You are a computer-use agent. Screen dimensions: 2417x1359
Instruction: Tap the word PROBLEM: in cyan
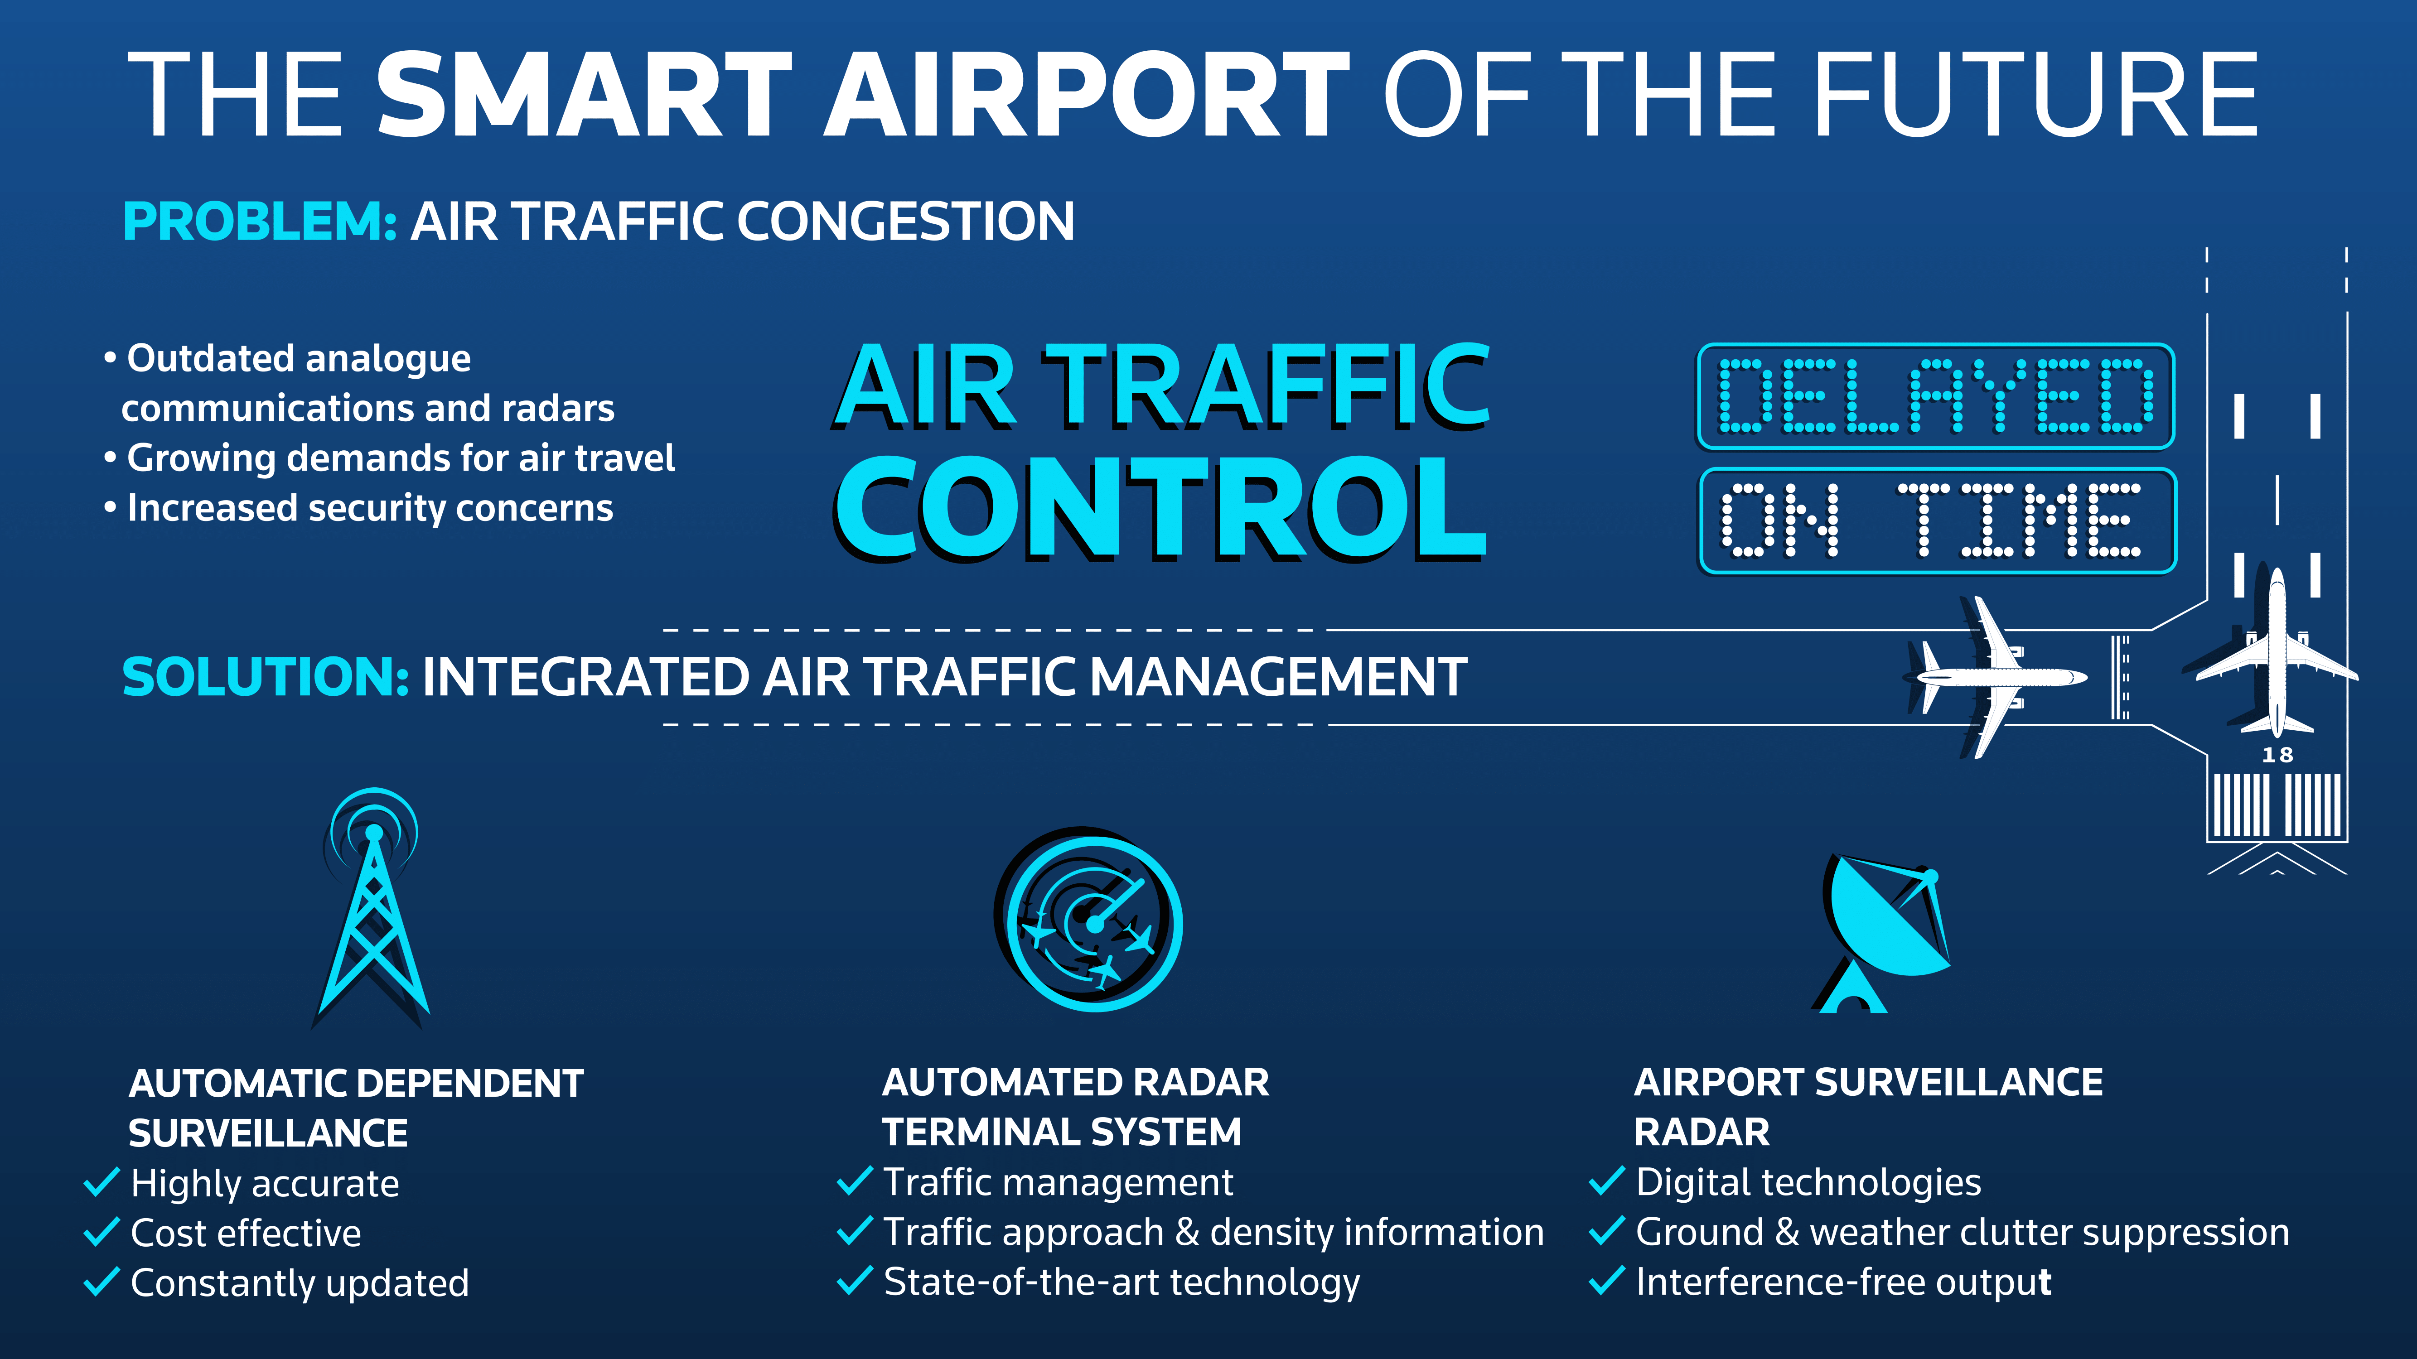pos(260,222)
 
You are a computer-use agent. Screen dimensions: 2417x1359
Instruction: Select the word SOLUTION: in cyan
pos(266,677)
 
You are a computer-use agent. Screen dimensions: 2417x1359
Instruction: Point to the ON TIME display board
pos(1938,520)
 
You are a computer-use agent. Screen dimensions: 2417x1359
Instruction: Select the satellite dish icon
pos(1881,933)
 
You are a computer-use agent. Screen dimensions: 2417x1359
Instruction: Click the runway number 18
pos(2277,755)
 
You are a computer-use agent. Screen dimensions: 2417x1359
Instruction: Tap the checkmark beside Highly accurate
pos(102,1183)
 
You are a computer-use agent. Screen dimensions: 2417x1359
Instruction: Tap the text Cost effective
pos(246,1232)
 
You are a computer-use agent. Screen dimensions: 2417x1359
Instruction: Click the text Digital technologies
pos(1808,1183)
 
